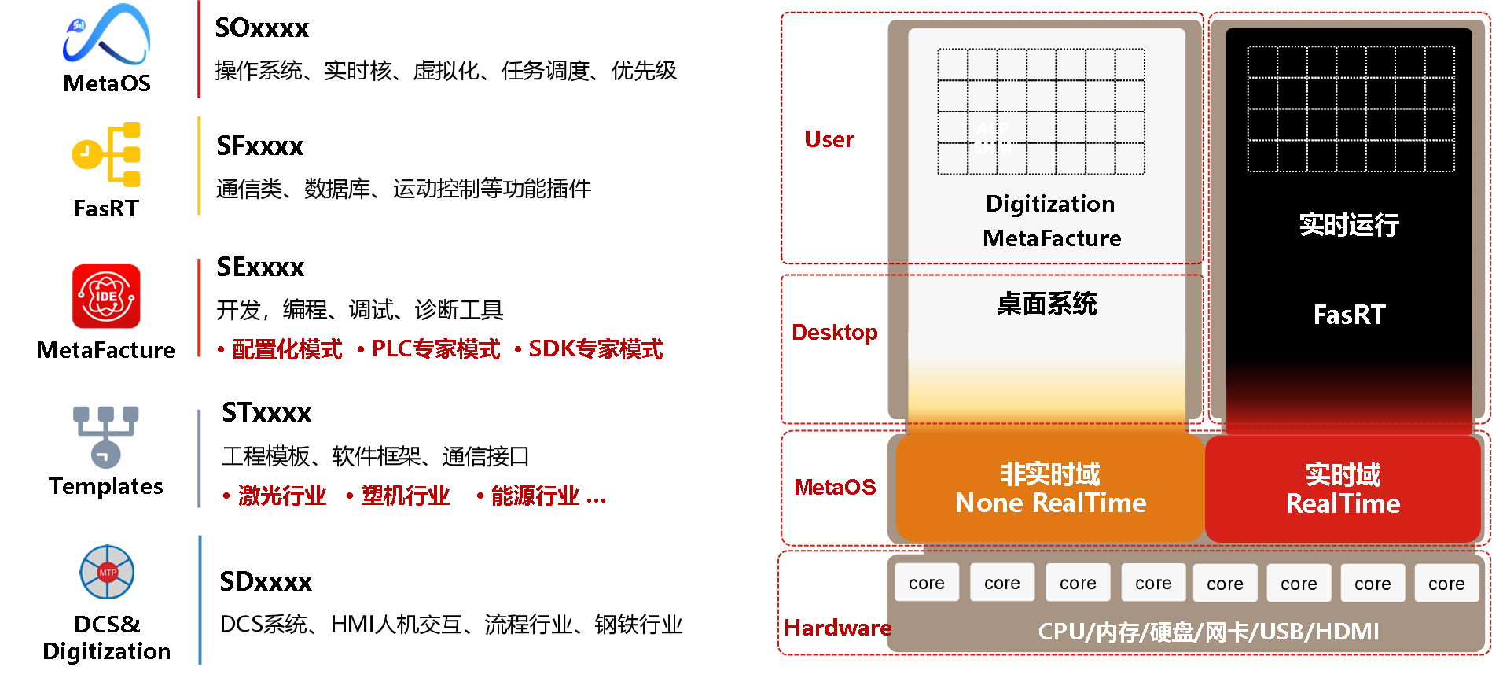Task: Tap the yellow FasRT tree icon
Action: [x=106, y=154]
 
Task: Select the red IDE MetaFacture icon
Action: [x=106, y=296]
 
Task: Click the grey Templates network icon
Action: [x=106, y=437]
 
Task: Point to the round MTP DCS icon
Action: [x=107, y=572]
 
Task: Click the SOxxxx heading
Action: [x=262, y=28]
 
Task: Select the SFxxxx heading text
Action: [x=259, y=146]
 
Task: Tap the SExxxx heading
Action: [x=260, y=267]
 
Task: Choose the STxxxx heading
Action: [x=266, y=412]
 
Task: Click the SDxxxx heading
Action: [x=266, y=581]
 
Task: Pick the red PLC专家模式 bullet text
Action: [x=435, y=348]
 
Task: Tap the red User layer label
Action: [x=829, y=139]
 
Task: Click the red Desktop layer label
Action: [x=835, y=332]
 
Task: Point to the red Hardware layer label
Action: [x=838, y=628]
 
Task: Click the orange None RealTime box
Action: [x=1050, y=488]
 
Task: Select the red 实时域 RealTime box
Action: [x=1343, y=488]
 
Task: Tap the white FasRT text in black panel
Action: [x=1350, y=315]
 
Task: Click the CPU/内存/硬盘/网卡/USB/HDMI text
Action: [x=1208, y=632]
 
